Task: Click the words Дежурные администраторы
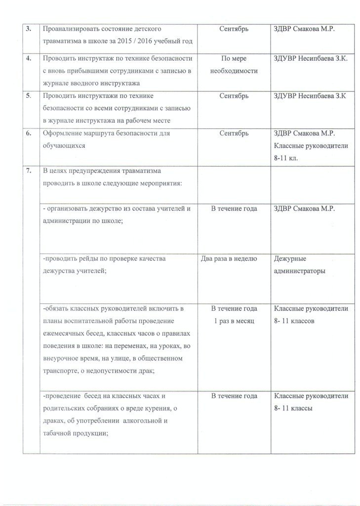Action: (298, 264)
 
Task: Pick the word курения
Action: (163, 409)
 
